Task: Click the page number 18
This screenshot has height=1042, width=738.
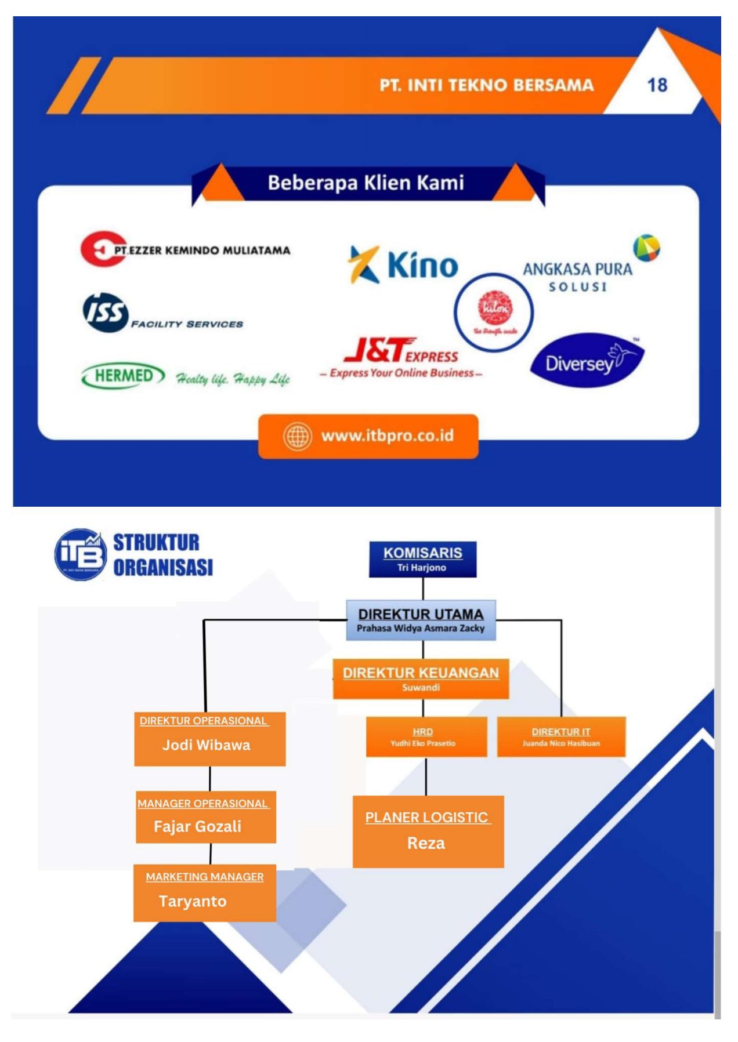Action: (x=657, y=85)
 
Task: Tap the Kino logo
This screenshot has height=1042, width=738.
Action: (x=404, y=265)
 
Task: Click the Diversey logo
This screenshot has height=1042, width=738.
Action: (x=586, y=361)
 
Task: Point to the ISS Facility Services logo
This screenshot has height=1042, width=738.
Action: (x=162, y=314)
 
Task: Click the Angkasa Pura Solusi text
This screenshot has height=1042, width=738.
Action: (x=577, y=277)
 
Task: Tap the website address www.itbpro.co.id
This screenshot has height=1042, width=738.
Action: (x=387, y=435)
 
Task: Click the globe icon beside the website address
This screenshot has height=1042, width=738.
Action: (x=297, y=436)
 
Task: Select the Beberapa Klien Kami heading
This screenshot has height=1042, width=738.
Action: (x=366, y=183)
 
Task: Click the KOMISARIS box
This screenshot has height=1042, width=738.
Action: (x=422, y=559)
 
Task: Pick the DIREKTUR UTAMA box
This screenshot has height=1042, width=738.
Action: (x=421, y=620)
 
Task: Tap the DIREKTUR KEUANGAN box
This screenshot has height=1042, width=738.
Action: (x=421, y=678)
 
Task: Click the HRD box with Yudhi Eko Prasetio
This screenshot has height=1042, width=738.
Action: (x=426, y=737)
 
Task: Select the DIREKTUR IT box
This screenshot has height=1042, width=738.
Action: (x=561, y=737)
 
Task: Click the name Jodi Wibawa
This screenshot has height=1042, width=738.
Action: (x=207, y=745)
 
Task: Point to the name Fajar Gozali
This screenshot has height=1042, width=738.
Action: (x=197, y=826)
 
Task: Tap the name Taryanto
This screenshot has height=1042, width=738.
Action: (x=193, y=901)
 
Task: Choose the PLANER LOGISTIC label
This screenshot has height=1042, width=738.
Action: (x=426, y=818)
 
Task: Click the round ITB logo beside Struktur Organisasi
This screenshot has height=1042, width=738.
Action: (x=81, y=554)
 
